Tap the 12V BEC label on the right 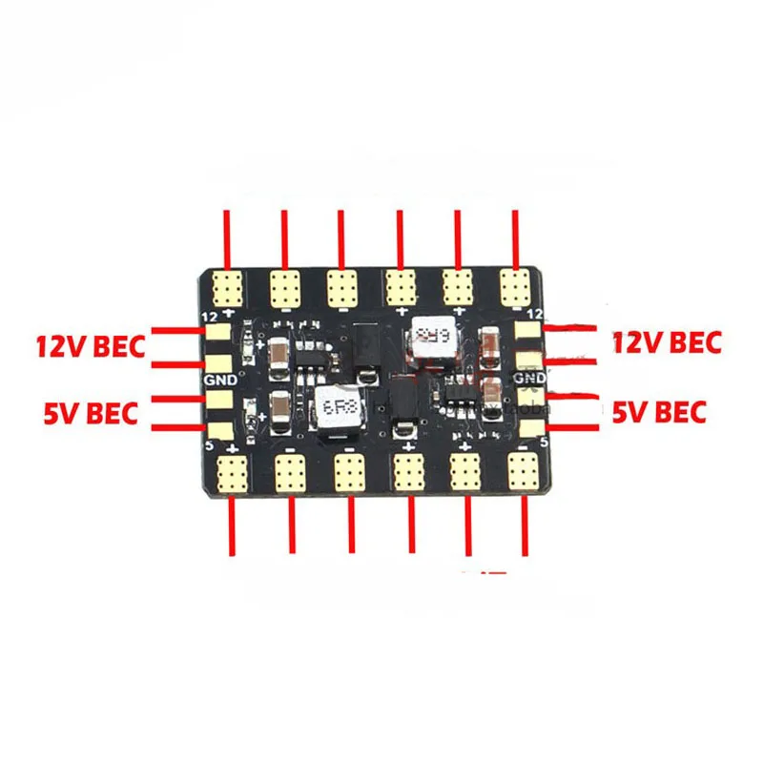(x=667, y=342)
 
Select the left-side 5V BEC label (x=92, y=413)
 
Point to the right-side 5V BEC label (x=659, y=412)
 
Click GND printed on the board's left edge (x=215, y=379)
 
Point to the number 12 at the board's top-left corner (x=209, y=316)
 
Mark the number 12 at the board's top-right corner (x=534, y=313)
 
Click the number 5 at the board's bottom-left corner (x=210, y=443)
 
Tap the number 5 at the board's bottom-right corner (x=544, y=442)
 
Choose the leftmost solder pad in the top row (x=228, y=284)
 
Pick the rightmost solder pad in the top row (x=516, y=284)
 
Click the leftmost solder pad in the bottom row (x=232, y=472)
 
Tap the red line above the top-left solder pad (x=227, y=238)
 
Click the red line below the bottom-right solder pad (x=525, y=525)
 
